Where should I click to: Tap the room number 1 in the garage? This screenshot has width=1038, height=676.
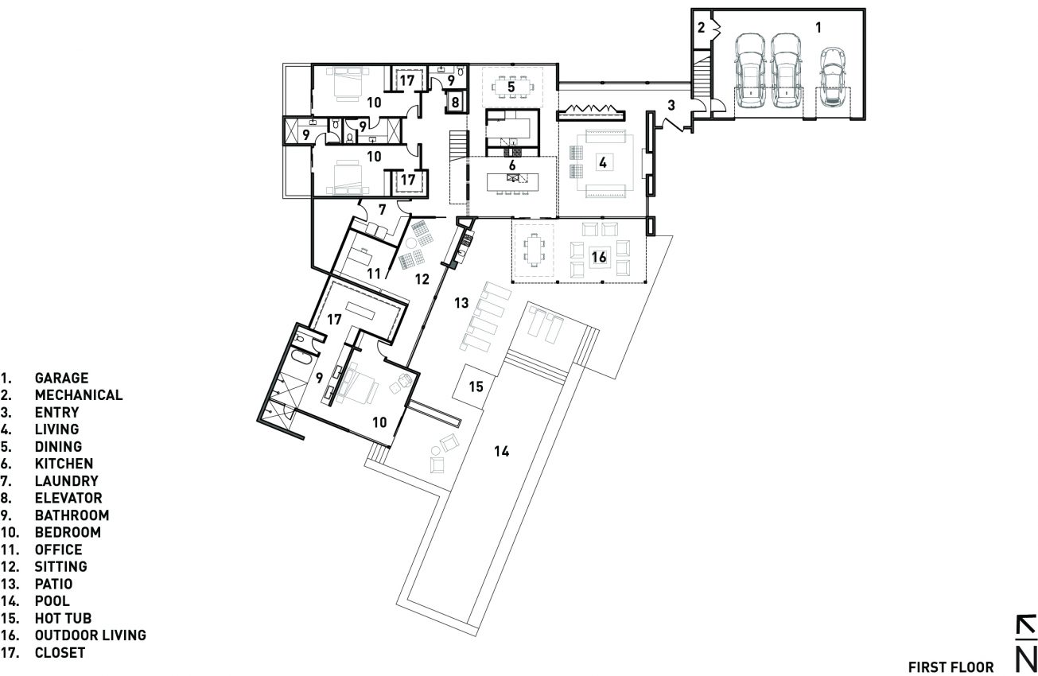coord(818,27)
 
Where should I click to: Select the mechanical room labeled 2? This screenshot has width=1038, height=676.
coord(702,28)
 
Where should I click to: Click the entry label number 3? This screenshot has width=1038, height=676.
coord(671,104)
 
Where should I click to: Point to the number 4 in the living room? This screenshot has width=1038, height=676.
coord(603,162)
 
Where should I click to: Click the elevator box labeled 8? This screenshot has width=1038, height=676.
coord(455,102)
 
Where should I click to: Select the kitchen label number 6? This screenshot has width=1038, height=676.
coord(513,165)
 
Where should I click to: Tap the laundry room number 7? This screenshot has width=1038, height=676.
coord(382,210)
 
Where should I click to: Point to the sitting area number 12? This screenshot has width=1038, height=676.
coord(422,279)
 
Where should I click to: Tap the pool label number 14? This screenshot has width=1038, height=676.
coord(500,452)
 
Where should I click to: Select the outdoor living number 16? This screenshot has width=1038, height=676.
coord(599,256)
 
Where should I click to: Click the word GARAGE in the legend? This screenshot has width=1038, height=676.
coord(60,379)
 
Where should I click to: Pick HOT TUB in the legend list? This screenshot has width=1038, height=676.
coord(63,619)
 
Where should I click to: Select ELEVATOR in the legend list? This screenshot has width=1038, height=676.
coord(68,499)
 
